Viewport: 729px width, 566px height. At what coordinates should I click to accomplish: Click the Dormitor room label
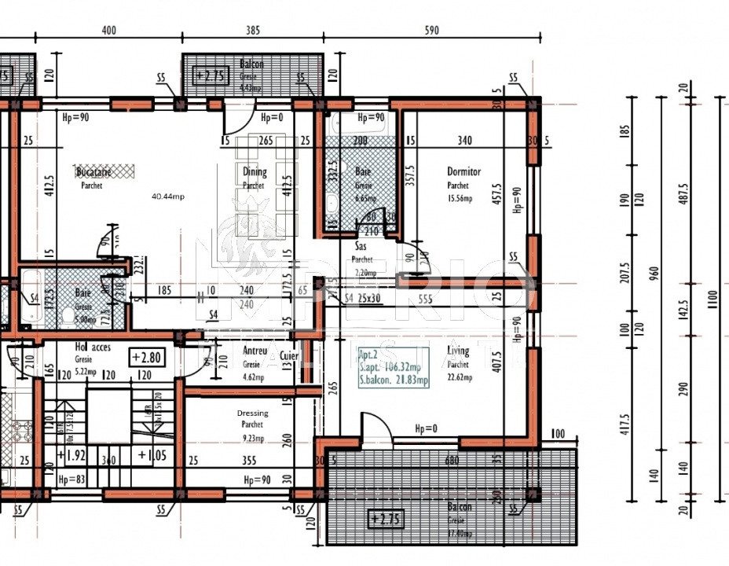[x=463, y=171]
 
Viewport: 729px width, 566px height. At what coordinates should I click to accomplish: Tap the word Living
[x=457, y=351]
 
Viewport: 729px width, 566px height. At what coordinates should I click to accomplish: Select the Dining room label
[x=254, y=172]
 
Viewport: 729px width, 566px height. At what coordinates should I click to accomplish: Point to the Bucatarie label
[x=93, y=171]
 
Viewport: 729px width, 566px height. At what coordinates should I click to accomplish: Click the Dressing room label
[x=252, y=413]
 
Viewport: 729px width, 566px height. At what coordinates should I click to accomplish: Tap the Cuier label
[x=289, y=355]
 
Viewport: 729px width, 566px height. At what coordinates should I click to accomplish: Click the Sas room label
[x=361, y=246]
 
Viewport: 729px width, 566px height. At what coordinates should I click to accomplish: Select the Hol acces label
[x=93, y=347]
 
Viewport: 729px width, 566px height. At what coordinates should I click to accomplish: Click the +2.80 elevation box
[x=147, y=357]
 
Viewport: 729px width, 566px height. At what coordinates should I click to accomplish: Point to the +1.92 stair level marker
[x=72, y=454]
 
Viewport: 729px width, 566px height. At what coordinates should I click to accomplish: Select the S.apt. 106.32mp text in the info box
[x=390, y=367]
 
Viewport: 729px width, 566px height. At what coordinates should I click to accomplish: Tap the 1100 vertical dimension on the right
[x=712, y=299]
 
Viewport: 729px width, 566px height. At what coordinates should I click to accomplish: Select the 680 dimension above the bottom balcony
[x=451, y=461]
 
